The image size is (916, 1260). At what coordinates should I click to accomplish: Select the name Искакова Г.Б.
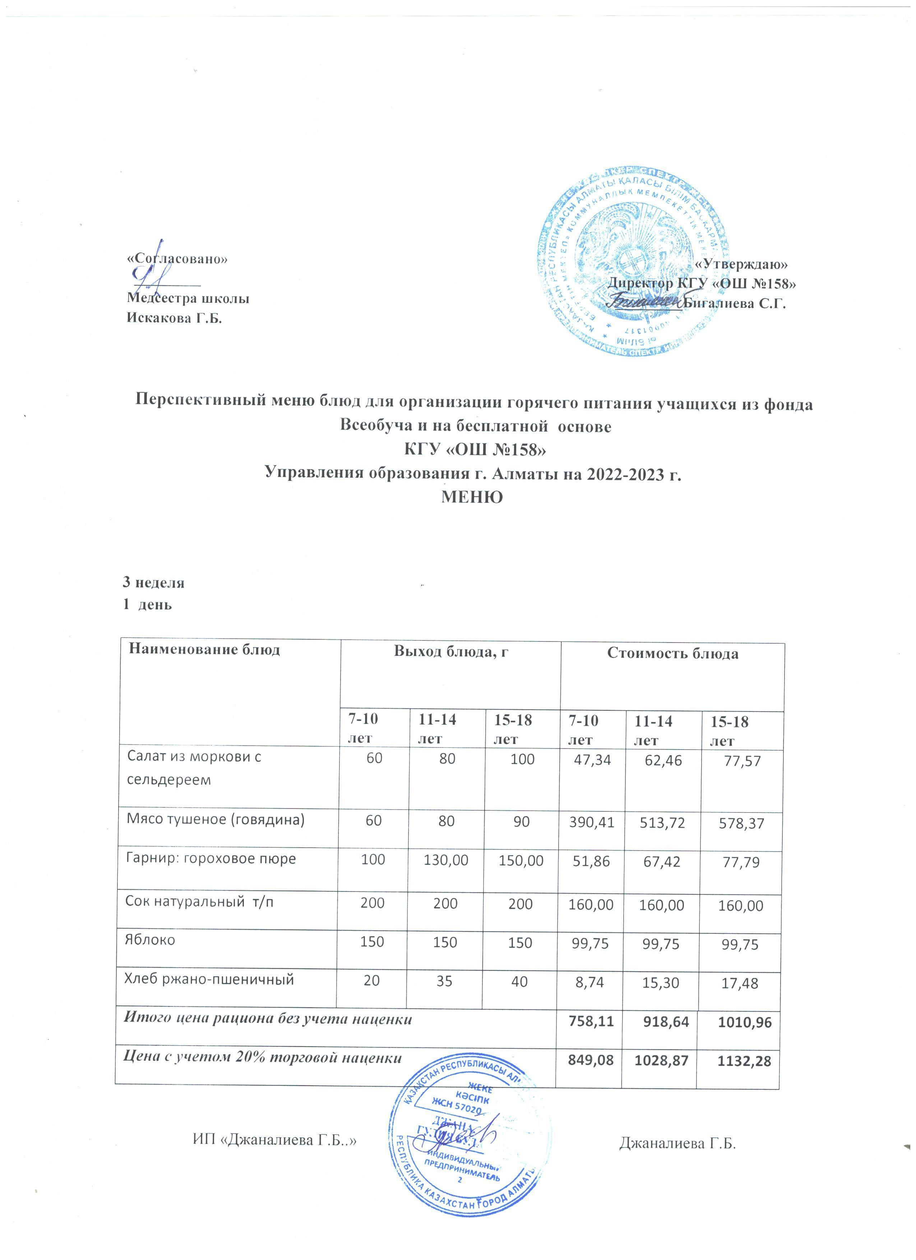(x=174, y=318)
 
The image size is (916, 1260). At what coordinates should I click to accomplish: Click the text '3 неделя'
(x=154, y=583)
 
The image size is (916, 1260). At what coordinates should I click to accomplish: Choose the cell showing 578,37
(x=740, y=823)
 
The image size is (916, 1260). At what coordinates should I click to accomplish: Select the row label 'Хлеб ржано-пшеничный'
(x=208, y=980)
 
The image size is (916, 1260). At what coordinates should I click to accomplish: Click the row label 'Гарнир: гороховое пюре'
(x=212, y=859)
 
